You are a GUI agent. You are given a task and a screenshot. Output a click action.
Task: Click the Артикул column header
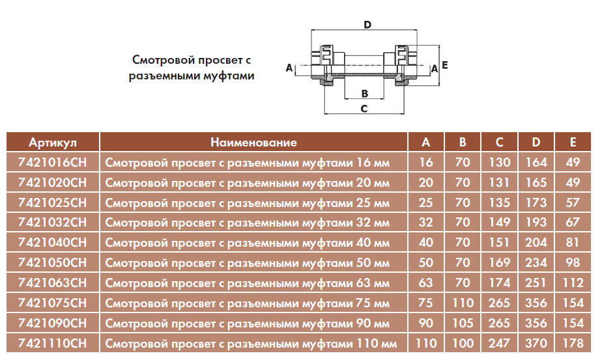53,143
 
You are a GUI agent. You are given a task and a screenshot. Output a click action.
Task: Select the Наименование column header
253,143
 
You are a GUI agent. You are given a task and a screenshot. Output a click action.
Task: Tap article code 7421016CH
53,162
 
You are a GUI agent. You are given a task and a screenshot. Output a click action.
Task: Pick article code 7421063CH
53,283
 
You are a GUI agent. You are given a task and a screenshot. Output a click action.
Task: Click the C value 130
499,162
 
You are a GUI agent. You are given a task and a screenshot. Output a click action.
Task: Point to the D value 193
536,222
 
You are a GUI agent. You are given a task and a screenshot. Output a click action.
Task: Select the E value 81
573,243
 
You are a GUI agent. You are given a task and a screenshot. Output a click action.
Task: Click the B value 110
463,303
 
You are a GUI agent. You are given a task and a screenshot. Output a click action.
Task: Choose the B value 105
463,323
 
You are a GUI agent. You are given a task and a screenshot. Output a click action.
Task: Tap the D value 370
536,343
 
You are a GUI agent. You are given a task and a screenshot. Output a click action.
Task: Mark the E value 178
573,343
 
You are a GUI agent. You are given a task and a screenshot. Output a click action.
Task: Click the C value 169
499,262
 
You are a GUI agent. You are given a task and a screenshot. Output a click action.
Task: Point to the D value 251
536,283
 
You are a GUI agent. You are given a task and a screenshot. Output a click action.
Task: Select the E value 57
573,202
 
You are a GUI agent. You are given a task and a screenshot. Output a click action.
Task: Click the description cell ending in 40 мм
248,243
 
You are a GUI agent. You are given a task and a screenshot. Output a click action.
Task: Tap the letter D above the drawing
367,25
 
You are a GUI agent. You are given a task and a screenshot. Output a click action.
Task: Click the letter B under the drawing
365,94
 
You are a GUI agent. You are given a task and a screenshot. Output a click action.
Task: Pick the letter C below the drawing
364,109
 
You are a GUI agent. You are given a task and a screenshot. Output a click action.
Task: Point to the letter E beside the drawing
444,65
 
